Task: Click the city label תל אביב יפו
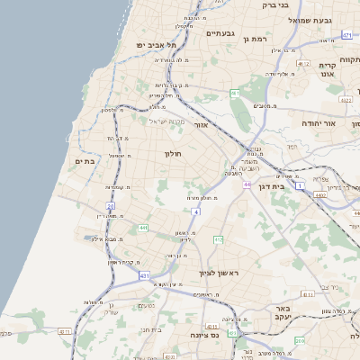(x=154, y=44)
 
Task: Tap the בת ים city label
(x=85, y=161)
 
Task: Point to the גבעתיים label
(x=220, y=33)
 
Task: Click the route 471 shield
(x=346, y=36)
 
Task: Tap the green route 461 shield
(x=235, y=93)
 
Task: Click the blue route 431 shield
(x=145, y=275)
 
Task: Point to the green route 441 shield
(x=143, y=229)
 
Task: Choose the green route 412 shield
(x=218, y=239)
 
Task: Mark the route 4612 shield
(x=302, y=65)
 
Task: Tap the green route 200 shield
(x=300, y=341)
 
